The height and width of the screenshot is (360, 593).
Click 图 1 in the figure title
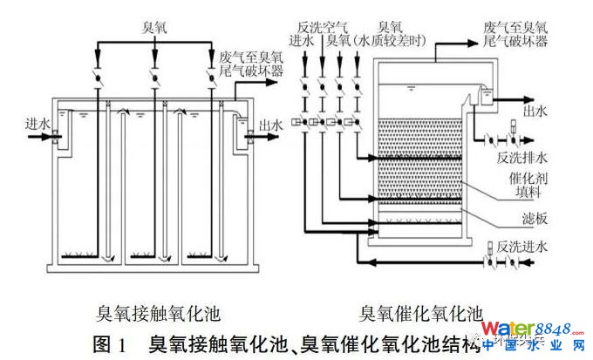pos(110,341)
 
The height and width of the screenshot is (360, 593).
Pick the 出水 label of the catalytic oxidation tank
pos(533,112)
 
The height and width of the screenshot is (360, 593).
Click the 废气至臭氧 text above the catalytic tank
pos(514,28)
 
